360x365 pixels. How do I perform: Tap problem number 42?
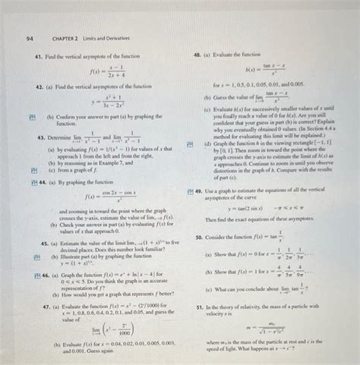point(37,87)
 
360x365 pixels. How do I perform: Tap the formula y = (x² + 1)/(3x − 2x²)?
point(115,102)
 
